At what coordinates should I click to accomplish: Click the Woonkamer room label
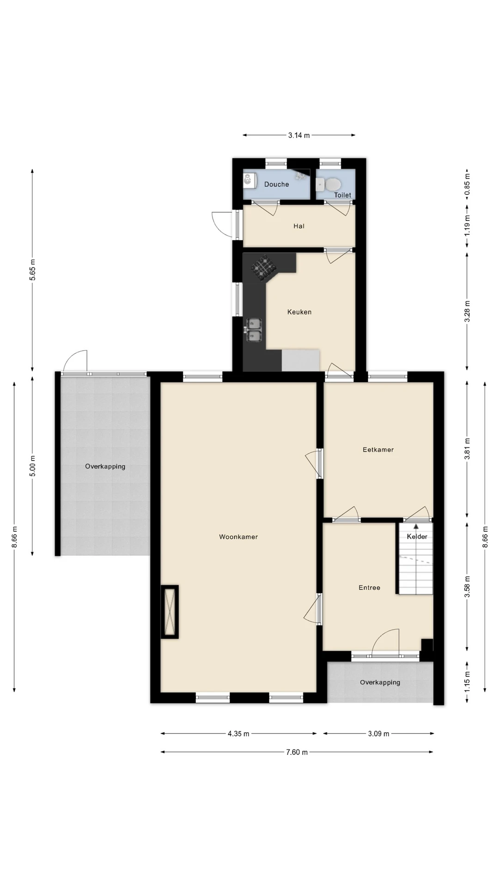[x=238, y=537]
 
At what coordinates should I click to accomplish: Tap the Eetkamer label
[x=378, y=450]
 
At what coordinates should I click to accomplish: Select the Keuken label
[x=299, y=312]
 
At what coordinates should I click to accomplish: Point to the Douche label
[x=277, y=184]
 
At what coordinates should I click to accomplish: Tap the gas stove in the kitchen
[x=264, y=268]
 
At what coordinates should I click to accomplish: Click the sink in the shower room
[x=249, y=180]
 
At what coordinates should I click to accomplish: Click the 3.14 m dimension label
[x=299, y=135]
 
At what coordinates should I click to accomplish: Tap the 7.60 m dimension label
[x=297, y=752]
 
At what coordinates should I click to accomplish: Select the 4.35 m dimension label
[x=238, y=734]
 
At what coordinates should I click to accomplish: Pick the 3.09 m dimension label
[x=379, y=734]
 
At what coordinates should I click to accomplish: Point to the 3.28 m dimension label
[x=467, y=311]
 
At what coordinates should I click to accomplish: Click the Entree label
[x=370, y=588]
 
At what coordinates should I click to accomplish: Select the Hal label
[x=299, y=226]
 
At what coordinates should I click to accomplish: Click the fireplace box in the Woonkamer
[x=170, y=612]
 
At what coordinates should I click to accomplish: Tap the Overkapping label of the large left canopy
[x=105, y=467]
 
